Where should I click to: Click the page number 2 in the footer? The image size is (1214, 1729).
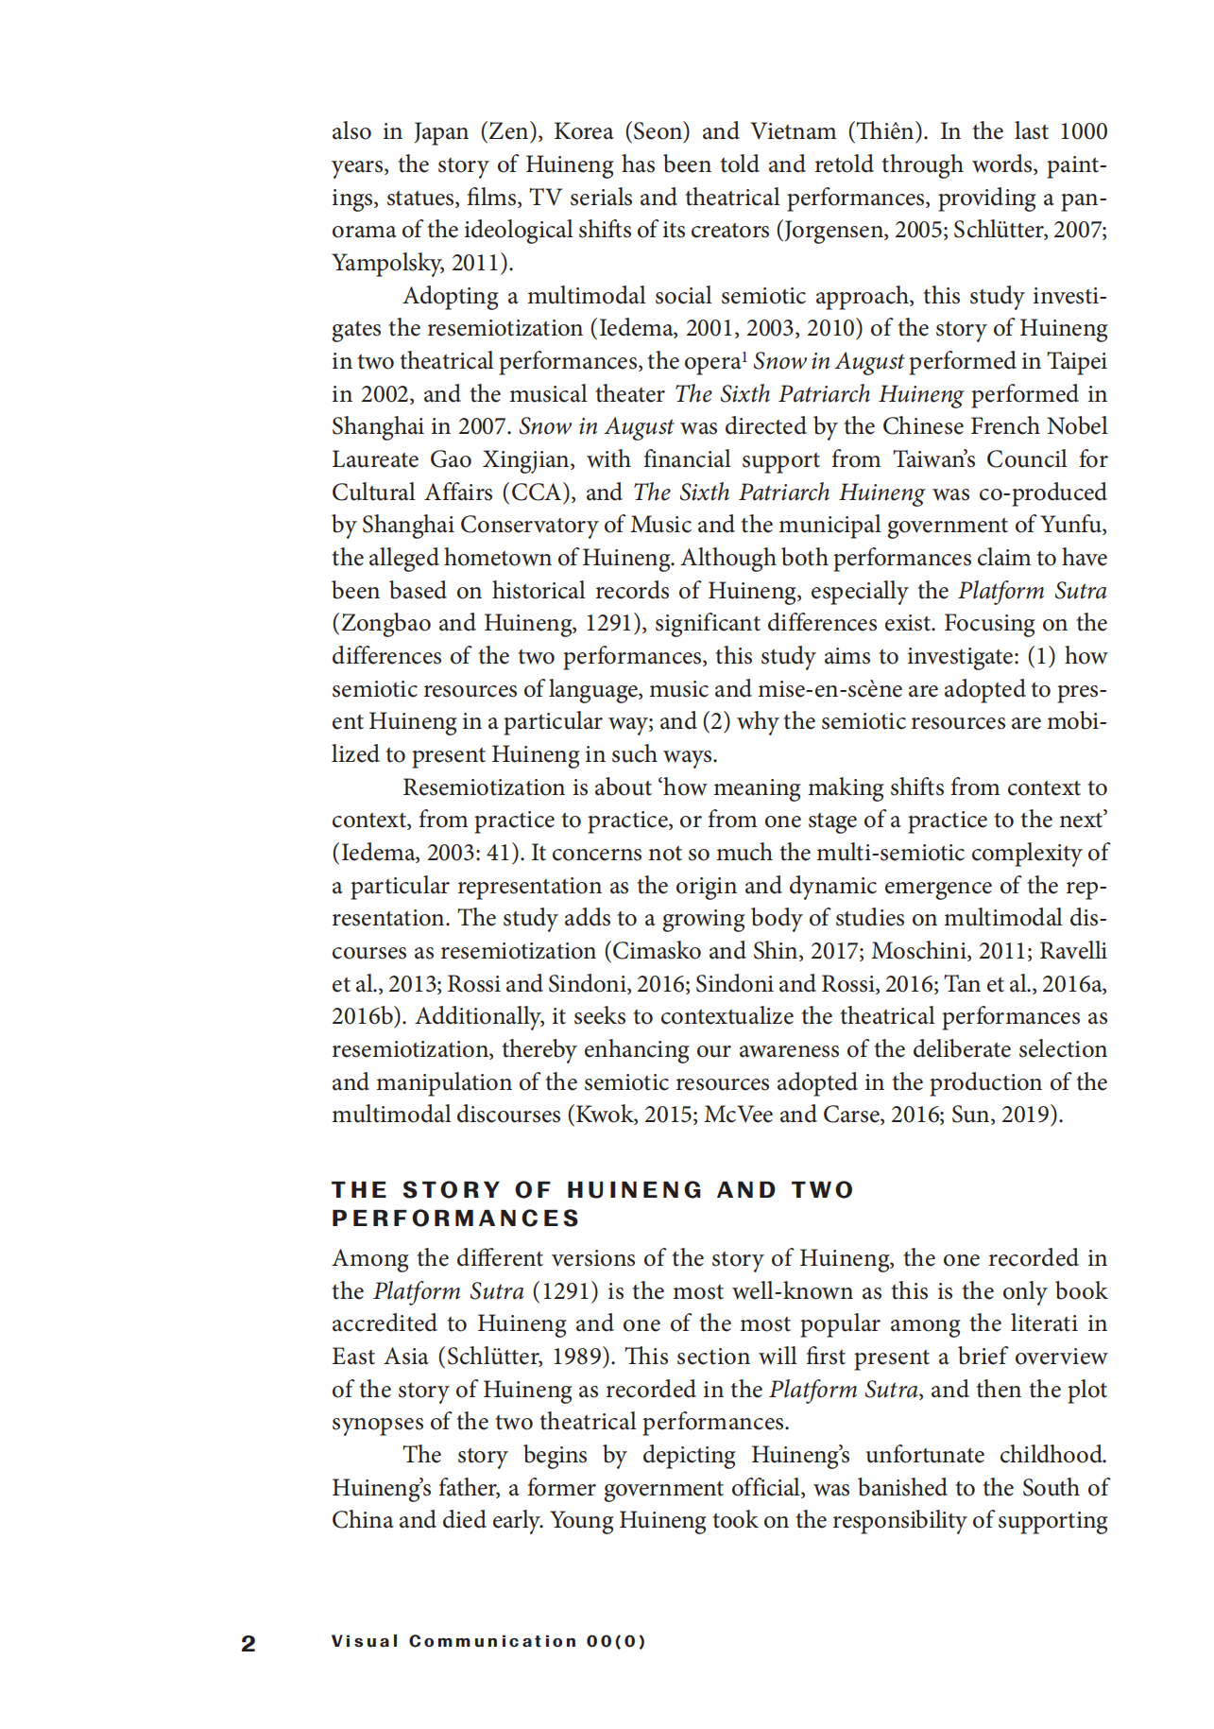click(x=248, y=1644)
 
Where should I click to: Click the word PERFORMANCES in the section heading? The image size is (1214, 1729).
click(x=455, y=1219)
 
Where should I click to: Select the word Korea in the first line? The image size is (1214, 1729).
click(x=583, y=131)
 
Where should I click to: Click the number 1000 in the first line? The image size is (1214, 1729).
click(x=1083, y=131)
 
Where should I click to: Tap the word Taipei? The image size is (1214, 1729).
click(x=1076, y=361)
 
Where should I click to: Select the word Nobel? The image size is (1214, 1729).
click(x=1076, y=426)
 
